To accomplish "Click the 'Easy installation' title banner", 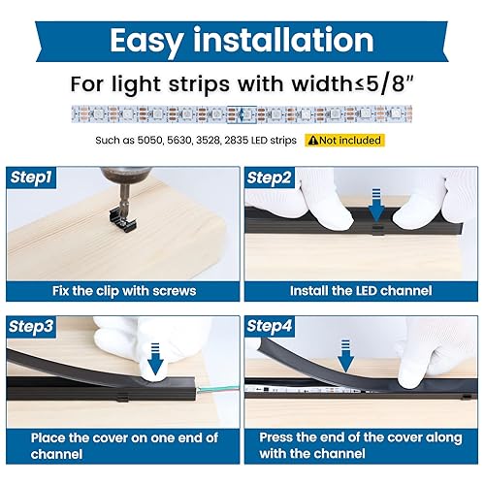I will [x=242, y=40].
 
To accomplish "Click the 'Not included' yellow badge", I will [x=344, y=140].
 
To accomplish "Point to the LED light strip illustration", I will [x=242, y=113].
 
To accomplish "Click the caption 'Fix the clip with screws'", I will [x=122, y=290].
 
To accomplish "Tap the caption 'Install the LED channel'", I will [x=361, y=290].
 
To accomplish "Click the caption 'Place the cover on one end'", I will [x=122, y=446].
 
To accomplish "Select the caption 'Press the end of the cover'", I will [x=361, y=446].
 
